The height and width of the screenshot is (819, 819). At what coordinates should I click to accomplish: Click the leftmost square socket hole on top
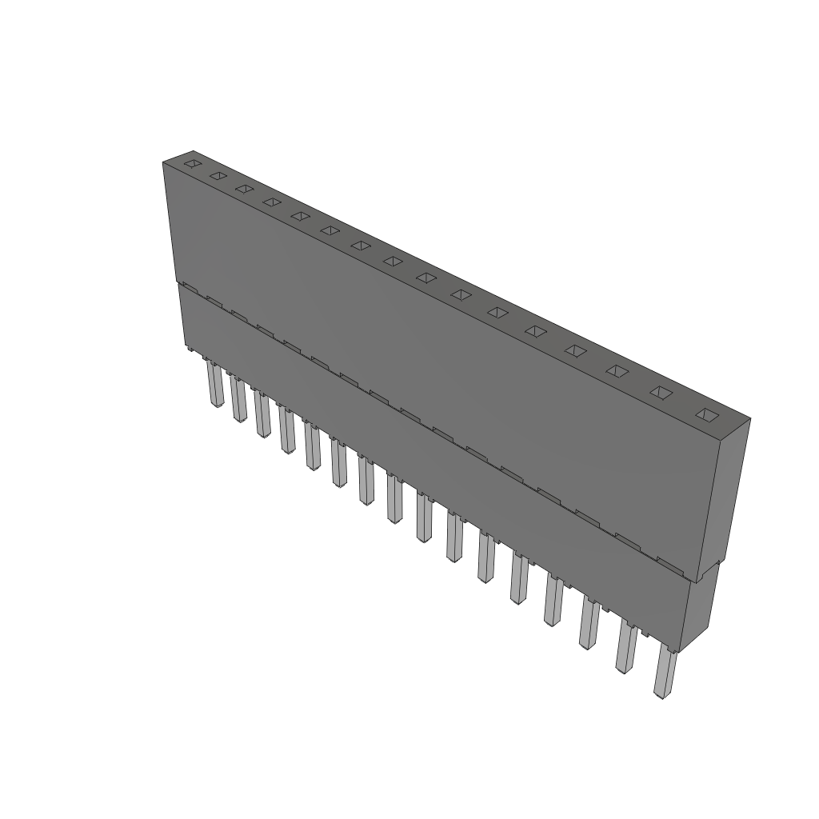point(191,163)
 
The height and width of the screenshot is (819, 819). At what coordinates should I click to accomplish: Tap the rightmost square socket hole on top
point(705,414)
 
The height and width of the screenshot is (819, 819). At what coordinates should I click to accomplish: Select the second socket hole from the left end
point(217,176)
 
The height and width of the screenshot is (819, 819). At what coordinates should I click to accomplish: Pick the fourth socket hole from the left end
point(272,202)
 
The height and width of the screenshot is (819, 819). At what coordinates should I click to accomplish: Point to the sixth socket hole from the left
point(330,230)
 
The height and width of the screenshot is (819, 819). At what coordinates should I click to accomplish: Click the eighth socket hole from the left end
point(393,261)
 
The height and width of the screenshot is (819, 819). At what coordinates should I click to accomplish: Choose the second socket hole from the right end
point(660,392)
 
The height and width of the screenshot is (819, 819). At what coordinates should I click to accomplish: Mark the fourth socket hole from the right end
point(575,350)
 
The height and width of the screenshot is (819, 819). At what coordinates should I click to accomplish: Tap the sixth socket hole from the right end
point(497,312)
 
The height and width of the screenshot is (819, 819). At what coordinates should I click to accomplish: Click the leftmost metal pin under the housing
point(214,386)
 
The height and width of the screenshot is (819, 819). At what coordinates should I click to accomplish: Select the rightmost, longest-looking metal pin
point(663,673)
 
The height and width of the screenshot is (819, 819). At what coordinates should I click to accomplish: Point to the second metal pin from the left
point(238,400)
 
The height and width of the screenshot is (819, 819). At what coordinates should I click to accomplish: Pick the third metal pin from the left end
point(262,416)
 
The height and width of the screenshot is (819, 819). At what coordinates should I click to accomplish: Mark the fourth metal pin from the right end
point(552,601)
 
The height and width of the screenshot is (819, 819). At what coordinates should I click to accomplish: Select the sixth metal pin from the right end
point(485,559)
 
